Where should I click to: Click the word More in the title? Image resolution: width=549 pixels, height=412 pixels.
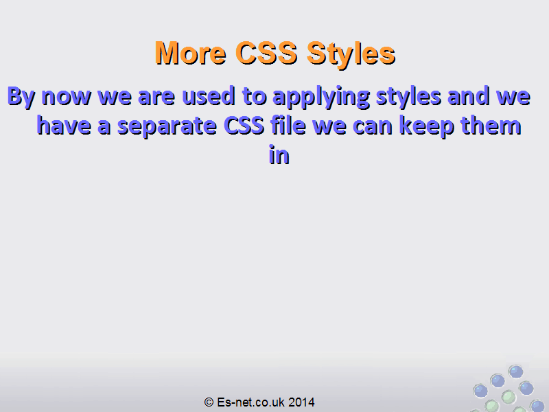point(191,53)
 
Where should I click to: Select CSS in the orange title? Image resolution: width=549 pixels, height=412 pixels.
point(266,53)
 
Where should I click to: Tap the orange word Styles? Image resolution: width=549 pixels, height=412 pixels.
point(351,55)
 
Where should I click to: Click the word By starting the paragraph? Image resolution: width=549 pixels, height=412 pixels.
point(21,97)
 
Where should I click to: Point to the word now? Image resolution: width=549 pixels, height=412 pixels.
point(66,98)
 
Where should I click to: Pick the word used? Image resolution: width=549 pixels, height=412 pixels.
point(209,96)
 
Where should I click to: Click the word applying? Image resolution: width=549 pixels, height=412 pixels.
point(321,98)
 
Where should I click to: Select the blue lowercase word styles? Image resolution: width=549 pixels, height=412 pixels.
point(408,98)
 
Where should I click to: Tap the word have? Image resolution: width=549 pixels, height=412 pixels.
point(64,125)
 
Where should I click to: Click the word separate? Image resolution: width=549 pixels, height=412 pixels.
point(167,127)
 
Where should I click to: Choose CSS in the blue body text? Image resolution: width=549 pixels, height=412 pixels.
point(244,126)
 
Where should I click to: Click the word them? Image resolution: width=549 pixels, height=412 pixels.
point(491,126)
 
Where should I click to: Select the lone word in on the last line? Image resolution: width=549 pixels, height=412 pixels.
point(279,154)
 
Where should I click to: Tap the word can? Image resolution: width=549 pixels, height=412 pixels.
point(373,127)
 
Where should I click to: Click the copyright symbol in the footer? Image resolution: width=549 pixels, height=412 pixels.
point(209,402)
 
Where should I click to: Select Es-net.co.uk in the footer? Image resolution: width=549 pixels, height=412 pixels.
point(250,402)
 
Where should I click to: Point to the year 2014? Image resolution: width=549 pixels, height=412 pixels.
point(301,402)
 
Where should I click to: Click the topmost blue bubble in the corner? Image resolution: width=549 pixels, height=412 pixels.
point(516,371)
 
